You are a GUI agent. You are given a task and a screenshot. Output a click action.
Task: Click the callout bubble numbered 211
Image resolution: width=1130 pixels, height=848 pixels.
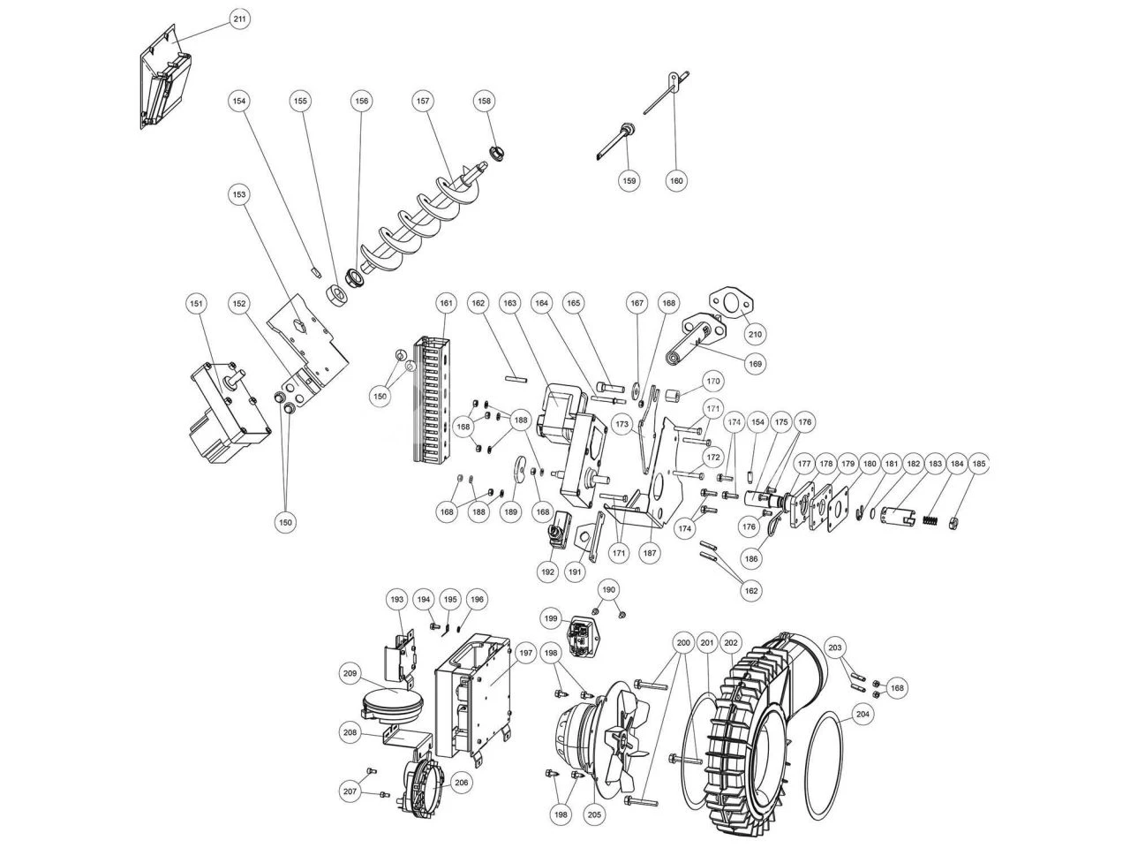[239, 19]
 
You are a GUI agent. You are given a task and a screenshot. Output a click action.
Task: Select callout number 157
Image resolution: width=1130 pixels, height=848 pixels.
[423, 102]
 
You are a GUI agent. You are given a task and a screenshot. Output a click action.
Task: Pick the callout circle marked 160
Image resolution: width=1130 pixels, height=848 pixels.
[676, 181]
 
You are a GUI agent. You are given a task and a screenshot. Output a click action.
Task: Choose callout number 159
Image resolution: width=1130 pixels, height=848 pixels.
[629, 181]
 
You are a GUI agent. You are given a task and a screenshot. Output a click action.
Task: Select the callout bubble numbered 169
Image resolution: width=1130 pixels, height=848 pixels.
[755, 363]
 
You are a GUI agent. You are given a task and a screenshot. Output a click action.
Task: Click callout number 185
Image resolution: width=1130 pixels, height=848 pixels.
[978, 463]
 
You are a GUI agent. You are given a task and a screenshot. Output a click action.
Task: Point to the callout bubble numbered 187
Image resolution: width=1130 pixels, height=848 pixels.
[650, 553]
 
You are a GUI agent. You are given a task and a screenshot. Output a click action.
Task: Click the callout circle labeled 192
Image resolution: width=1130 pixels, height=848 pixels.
[547, 572]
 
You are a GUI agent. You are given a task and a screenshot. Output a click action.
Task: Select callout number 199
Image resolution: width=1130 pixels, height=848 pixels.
[552, 617]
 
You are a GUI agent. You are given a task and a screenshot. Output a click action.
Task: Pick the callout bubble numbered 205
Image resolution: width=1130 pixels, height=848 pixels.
[595, 814]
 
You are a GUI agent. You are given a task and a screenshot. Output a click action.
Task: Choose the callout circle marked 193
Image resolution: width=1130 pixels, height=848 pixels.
[396, 600]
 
